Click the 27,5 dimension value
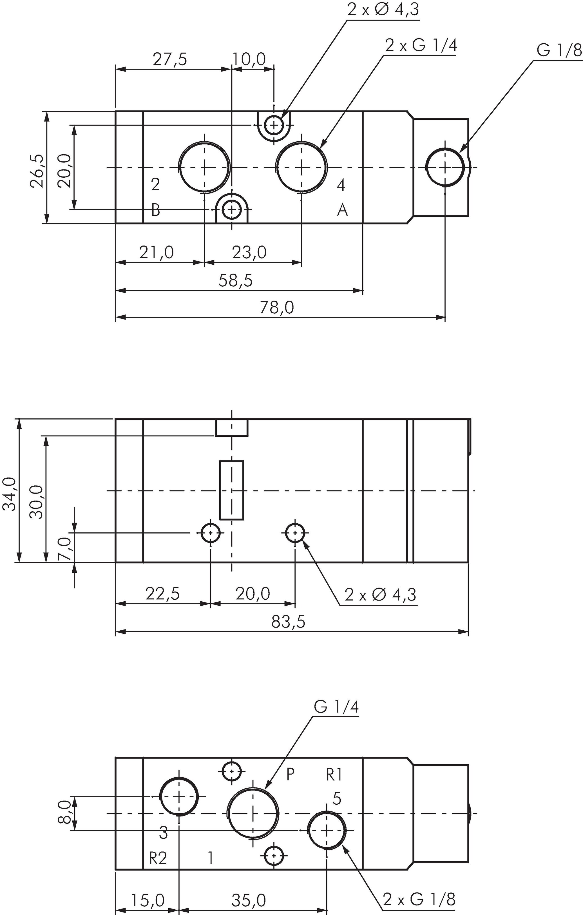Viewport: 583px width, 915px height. [x=170, y=60]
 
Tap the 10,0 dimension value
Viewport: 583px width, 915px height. [x=249, y=60]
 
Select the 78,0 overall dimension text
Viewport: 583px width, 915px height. [x=277, y=308]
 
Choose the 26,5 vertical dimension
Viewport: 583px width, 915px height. [x=37, y=171]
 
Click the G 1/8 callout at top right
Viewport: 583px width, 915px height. [x=559, y=50]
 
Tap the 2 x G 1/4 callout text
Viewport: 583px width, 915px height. [x=421, y=46]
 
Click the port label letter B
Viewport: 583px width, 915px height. [x=155, y=210]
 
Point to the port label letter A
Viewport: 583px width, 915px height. [x=342, y=210]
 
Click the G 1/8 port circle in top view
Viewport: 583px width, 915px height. [x=445, y=167]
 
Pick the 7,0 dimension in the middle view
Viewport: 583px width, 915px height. [x=65, y=548]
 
